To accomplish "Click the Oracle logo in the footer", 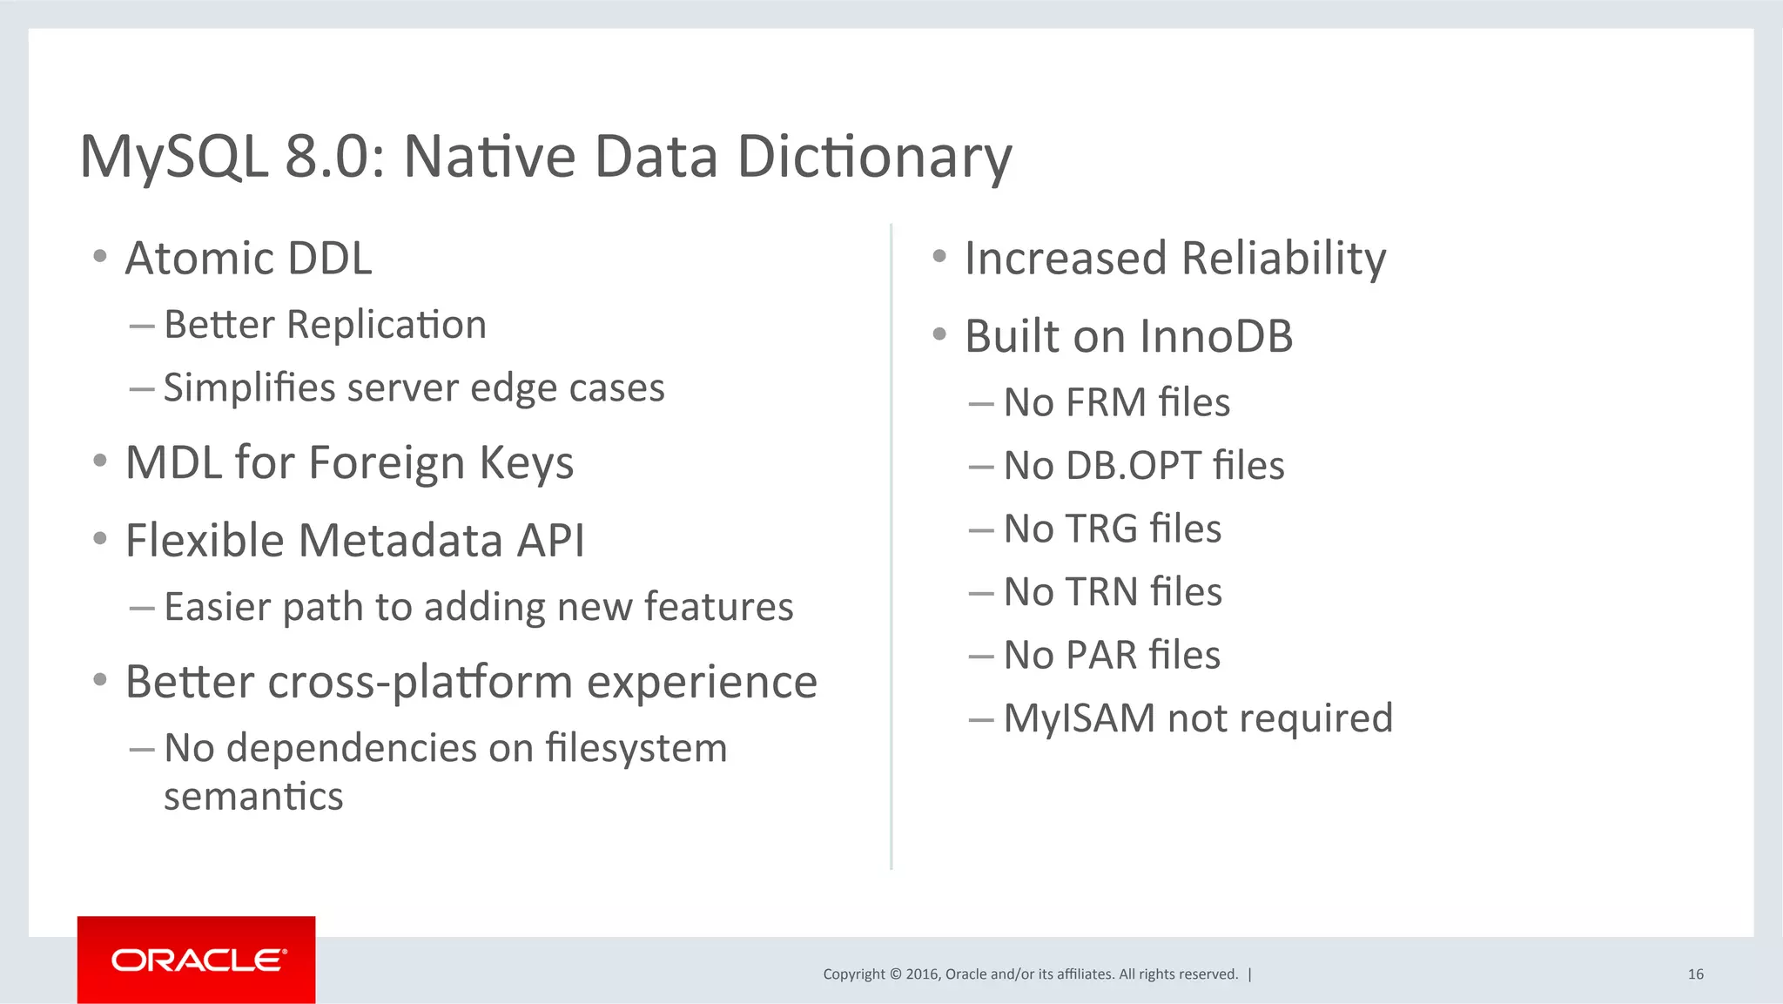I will coord(197,960).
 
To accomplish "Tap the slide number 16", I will coord(1695,974).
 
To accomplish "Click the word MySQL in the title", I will coord(173,158).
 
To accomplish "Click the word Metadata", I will coord(401,541).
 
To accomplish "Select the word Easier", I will coord(218,607).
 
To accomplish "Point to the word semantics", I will coord(253,797).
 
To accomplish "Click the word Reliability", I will coord(1283,259).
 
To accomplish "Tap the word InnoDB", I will coord(1215,336).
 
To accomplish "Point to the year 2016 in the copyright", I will coord(922,974).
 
